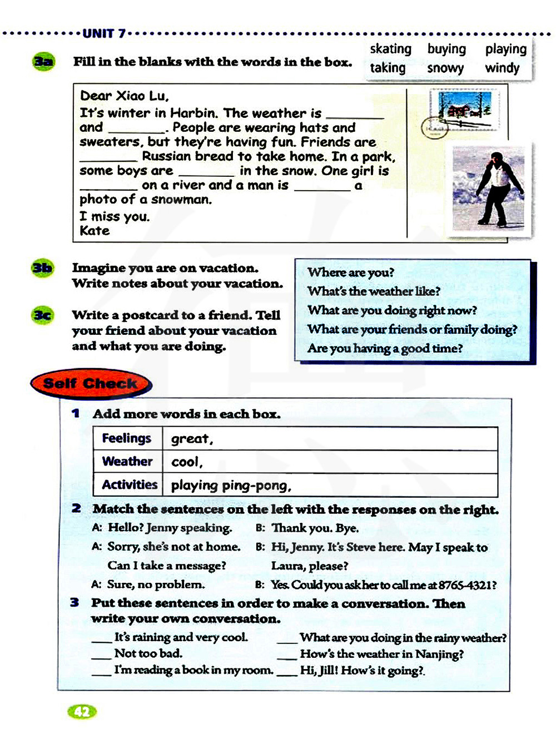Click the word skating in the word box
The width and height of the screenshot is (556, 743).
[390, 49]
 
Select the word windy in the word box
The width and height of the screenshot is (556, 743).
[502, 68]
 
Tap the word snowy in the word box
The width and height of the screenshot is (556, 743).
[445, 68]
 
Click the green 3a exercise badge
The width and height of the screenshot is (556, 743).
[43, 61]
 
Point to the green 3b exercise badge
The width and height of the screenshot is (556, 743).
[42, 268]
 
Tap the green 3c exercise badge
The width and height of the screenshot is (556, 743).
[42, 315]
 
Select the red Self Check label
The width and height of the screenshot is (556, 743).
[90, 384]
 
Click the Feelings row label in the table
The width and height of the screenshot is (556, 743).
[126, 438]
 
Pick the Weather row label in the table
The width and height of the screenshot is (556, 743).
[127, 461]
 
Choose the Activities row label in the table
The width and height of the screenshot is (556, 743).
[130, 484]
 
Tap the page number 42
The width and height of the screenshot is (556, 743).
[82, 712]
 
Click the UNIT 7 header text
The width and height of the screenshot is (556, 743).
[104, 33]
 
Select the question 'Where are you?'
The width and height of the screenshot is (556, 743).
[351, 273]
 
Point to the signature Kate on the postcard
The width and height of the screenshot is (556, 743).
[95, 231]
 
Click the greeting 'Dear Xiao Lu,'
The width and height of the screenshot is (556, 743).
[124, 96]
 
